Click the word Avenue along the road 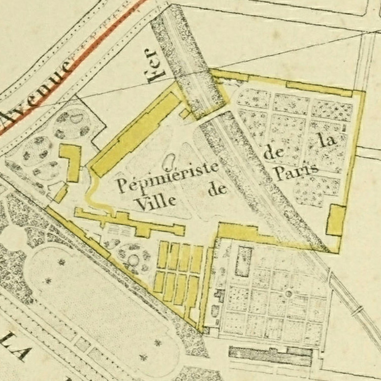pos(36,91)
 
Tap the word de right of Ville pos(216,190)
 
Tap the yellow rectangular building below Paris pos(336,220)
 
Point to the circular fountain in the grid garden pos(289,294)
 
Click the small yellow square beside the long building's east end pos(185,114)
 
